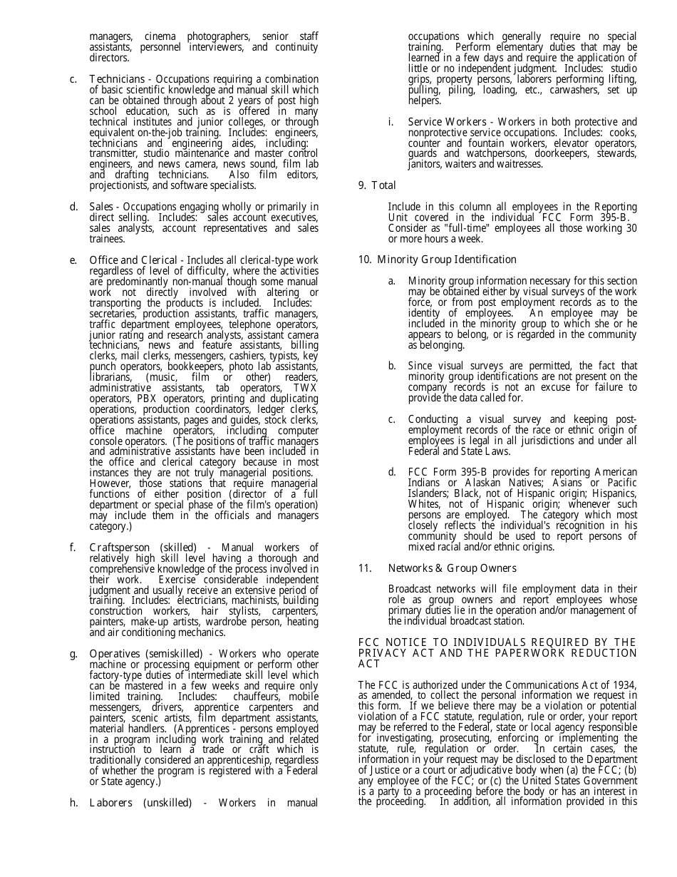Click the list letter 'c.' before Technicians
74,79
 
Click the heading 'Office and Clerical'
133,260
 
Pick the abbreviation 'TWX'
305,388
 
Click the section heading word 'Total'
383,186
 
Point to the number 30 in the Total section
631,228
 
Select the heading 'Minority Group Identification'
447,260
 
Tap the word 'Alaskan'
489,483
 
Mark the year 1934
624,686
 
